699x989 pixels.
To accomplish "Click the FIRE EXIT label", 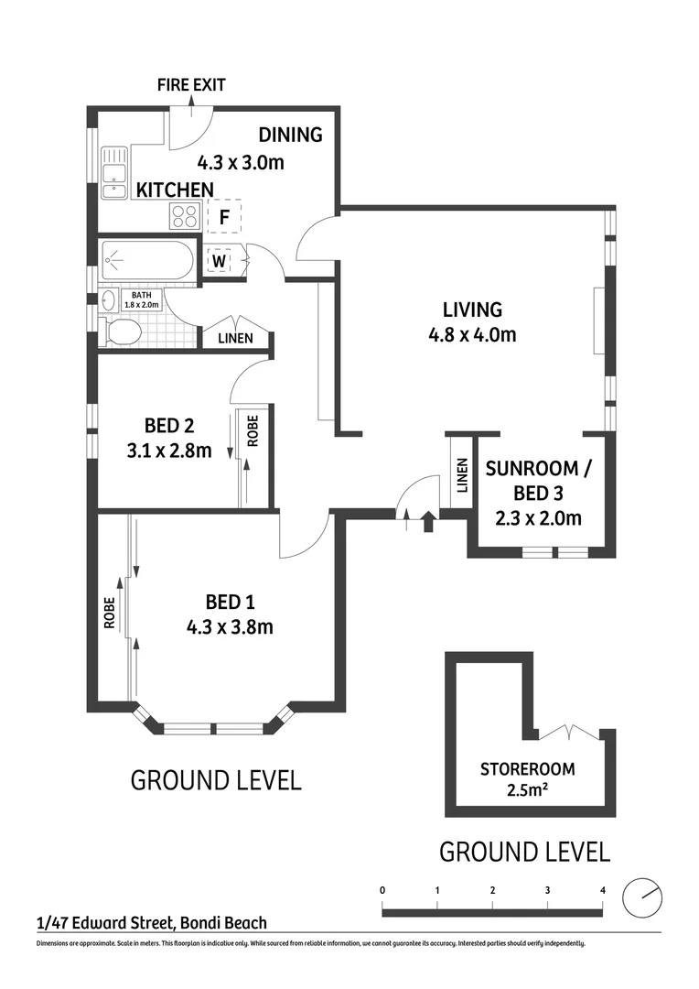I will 190,85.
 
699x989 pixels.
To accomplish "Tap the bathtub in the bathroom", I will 147,261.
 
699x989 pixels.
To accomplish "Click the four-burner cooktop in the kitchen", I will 185,216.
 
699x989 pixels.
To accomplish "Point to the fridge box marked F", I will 223,217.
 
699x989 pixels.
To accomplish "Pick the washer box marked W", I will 220,261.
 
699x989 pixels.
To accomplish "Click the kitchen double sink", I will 114,174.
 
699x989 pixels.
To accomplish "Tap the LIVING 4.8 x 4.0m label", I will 472,321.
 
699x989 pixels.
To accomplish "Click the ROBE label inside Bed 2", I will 253,430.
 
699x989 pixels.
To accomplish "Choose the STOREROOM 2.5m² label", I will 522,777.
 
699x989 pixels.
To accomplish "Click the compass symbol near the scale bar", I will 641,896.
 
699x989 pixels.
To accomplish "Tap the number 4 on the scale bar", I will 602,890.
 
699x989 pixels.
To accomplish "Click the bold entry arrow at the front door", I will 427,522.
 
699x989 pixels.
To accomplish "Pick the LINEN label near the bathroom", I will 236,338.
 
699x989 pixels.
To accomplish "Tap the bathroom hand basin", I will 109,299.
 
